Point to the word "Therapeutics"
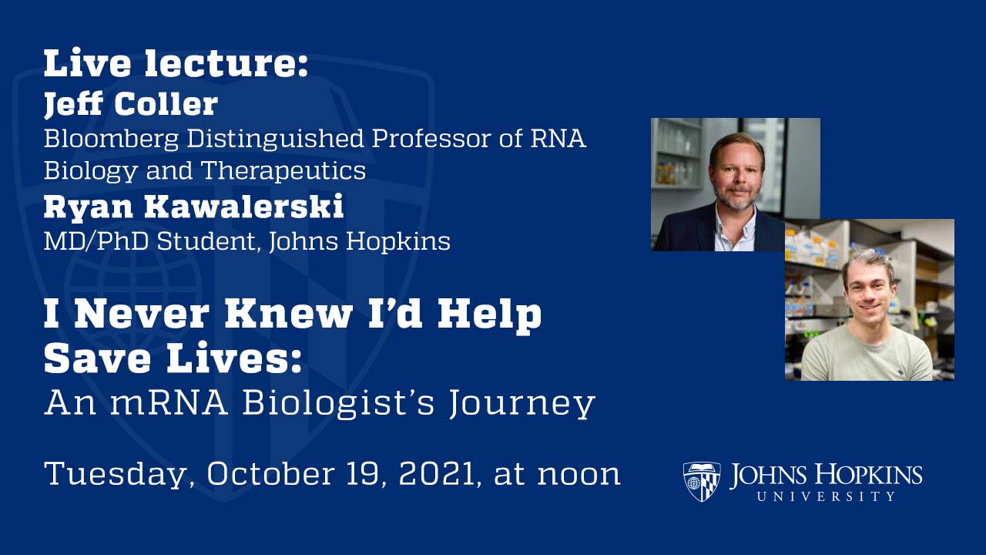(x=284, y=170)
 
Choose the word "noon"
(x=579, y=474)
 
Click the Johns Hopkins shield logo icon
(x=702, y=482)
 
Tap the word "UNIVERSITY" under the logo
(x=826, y=496)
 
